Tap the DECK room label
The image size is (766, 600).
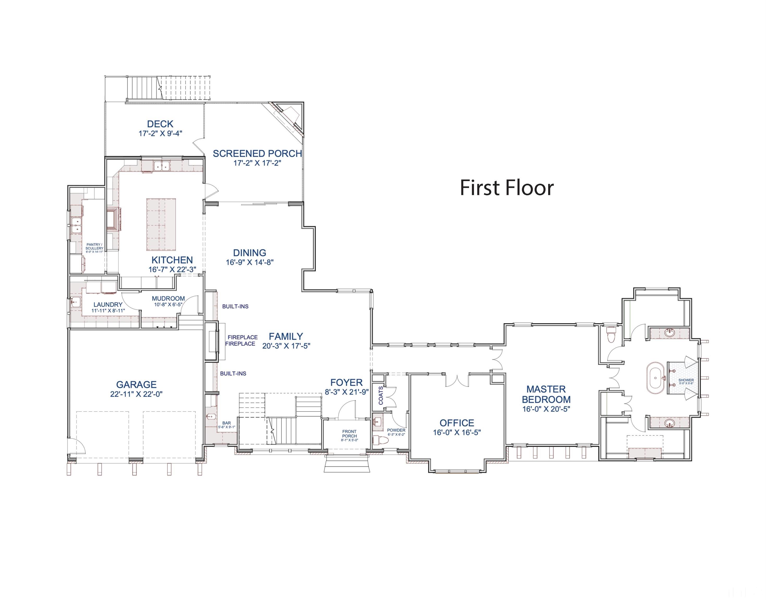(160, 124)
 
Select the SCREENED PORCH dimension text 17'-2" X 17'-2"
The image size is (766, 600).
(257, 163)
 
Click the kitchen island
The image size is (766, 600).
(161, 224)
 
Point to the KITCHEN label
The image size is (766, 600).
(172, 260)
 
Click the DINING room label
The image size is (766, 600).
(250, 253)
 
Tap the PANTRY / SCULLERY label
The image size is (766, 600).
(94, 246)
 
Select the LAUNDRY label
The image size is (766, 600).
(108, 305)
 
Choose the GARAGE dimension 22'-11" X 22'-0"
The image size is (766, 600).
(136, 394)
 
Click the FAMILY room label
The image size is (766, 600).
(286, 336)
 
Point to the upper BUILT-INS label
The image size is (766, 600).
(235, 306)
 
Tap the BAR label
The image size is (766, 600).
(226, 423)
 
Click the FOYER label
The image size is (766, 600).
(346, 383)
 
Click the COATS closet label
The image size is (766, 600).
(381, 396)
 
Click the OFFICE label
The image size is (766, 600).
(457, 423)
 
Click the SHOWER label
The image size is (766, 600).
(686, 380)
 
